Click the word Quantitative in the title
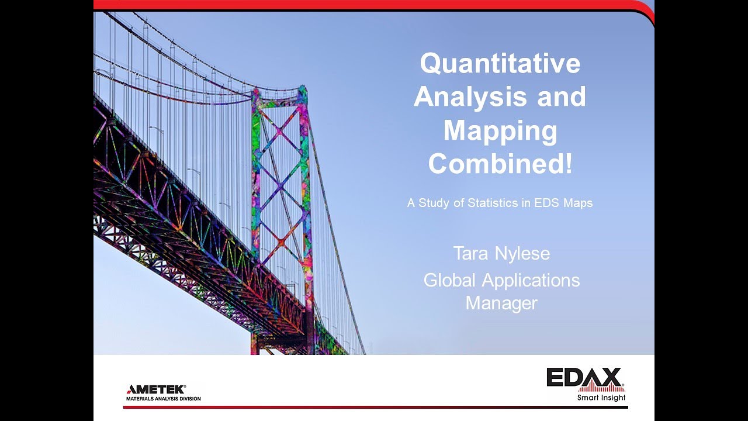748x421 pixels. pyautogui.click(x=500, y=64)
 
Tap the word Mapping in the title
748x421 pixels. pyautogui.click(x=500, y=130)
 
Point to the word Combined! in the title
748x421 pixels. pyautogui.click(x=500, y=164)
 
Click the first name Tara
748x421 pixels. pyautogui.click(x=472, y=254)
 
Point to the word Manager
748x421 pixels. pyautogui.click(x=501, y=303)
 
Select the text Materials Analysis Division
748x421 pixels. pyautogui.click(x=164, y=399)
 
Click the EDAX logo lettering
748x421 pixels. pyautogui.click(x=584, y=377)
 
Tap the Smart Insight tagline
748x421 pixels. pyautogui.click(x=601, y=398)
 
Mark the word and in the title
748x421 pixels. pyautogui.click(x=562, y=96)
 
